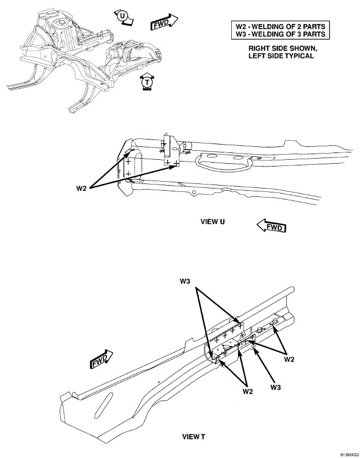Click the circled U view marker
click(123, 16)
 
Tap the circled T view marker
click(147, 82)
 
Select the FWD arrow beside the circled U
click(164, 23)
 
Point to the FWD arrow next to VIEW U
click(271, 227)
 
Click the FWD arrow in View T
click(101, 358)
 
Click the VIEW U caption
click(213, 221)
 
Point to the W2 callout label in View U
click(82, 187)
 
